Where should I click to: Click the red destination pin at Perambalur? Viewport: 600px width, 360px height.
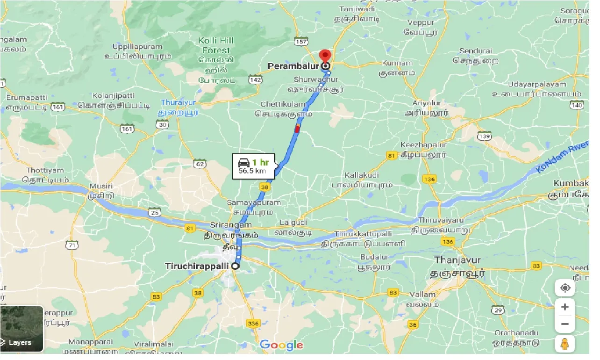pos(325,57)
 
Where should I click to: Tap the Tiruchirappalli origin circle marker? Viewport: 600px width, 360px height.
pos(236,266)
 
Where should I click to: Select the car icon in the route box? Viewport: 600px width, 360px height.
pos(243,162)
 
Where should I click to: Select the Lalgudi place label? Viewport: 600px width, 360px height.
pos(293,223)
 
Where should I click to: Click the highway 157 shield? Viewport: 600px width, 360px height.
pos(301,42)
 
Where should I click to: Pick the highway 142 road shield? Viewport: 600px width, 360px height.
pos(255,80)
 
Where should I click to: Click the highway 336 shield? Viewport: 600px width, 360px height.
pos(253,323)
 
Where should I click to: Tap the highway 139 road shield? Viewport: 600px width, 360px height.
pos(484,136)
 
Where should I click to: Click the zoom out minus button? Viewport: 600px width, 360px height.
pos(565,324)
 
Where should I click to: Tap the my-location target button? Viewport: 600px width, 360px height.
pos(565,288)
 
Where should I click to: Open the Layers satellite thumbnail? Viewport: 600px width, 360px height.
pos(22,329)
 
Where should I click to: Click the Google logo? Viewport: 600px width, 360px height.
pos(281,346)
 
